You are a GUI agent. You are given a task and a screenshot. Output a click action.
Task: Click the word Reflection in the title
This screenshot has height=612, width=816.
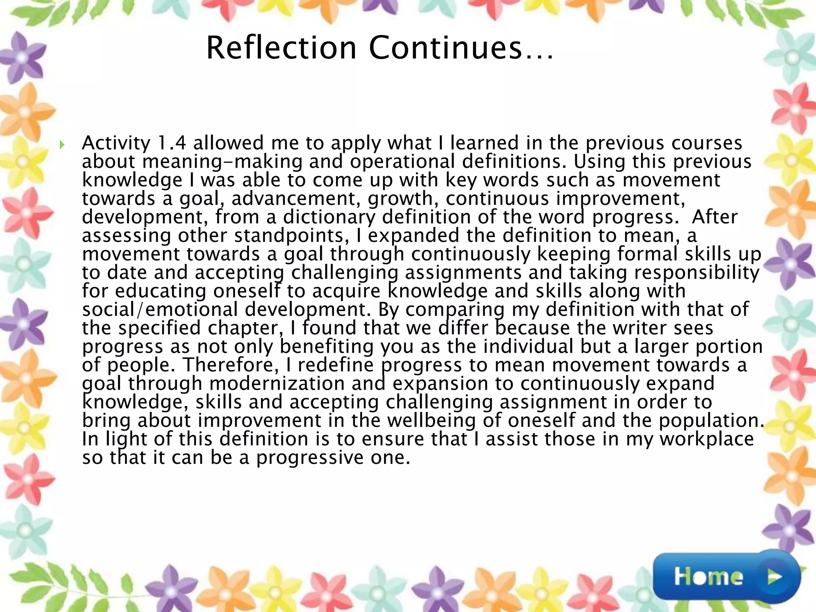pyautogui.click(x=281, y=48)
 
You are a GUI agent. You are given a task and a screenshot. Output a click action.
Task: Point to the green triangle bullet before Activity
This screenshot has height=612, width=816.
pyautogui.click(x=62, y=144)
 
